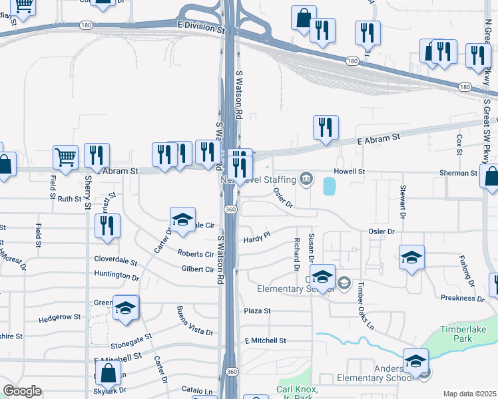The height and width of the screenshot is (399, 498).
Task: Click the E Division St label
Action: pyautogui.click(x=201, y=29)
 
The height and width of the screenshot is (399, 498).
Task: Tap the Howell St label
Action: pyautogui.click(x=350, y=172)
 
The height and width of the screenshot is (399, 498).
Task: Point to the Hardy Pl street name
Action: pyautogui.click(x=257, y=237)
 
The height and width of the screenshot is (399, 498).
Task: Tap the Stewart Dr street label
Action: pyautogui.click(x=403, y=202)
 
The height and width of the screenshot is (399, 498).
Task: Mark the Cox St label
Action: pyautogui.click(x=459, y=144)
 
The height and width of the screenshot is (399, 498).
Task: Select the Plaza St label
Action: pyautogui.click(x=257, y=311)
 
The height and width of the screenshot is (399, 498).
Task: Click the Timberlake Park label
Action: pyautogui.click(x=465, y=334)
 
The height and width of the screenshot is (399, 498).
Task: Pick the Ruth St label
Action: pyautogui.click(x=69, y=199)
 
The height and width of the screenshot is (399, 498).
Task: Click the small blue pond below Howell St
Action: pyautogui.click(x=329, y=186)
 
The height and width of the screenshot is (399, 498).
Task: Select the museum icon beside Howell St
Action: pyautogui.click(x=306, y=178)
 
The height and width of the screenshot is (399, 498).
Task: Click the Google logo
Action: pyautogui.click(x=22, y=391)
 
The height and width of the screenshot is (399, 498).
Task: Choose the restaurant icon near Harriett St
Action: pyautogui.click(x=107, y=225)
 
